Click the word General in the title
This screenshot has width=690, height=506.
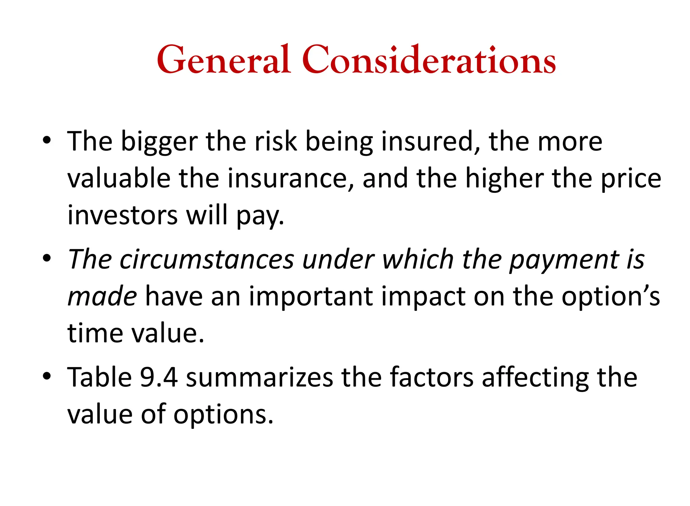[223, 60]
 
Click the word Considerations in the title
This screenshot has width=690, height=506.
[429, 60]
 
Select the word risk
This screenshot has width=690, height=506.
[276, 142]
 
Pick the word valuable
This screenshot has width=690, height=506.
[119, 178]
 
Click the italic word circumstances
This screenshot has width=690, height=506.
[207, 260]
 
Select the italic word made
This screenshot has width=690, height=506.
[102, 297]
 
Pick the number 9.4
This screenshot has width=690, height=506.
[159, 377]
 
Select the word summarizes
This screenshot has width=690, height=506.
[259, 378]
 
